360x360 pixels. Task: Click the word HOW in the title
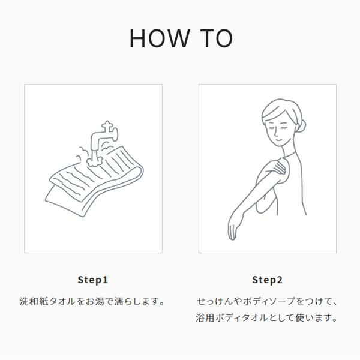pyautogui.click(x=160, y=38)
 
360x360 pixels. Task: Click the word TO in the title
pyautogui.click(x=216, y=38)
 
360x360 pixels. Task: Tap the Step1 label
pyautogui.click(x=93, y=280)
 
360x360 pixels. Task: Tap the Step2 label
pyautogui.click(x=267, y=280)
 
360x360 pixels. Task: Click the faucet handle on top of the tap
pyautogui.click(x=107, y=125)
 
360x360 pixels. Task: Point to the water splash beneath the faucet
pyautogui.click(x=94, y=161)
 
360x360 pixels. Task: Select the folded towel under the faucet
pyautogui.click(x=94, y=181)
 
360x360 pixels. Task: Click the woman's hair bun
pyautogui.click(x=301, y=125)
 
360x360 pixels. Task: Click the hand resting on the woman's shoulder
pyautogui.click(x=278, y=166)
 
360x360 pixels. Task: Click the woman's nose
pyautogui.click(x=276, y=133)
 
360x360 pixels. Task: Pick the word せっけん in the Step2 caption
pyautogui.click(x=215, y=301)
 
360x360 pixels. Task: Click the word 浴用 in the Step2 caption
pyautogui.click(x=205, y=318)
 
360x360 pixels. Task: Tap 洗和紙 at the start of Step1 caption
pyautogui.click(x=34, y=301)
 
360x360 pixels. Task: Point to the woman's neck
pyautogui.click(x=288, y=151)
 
